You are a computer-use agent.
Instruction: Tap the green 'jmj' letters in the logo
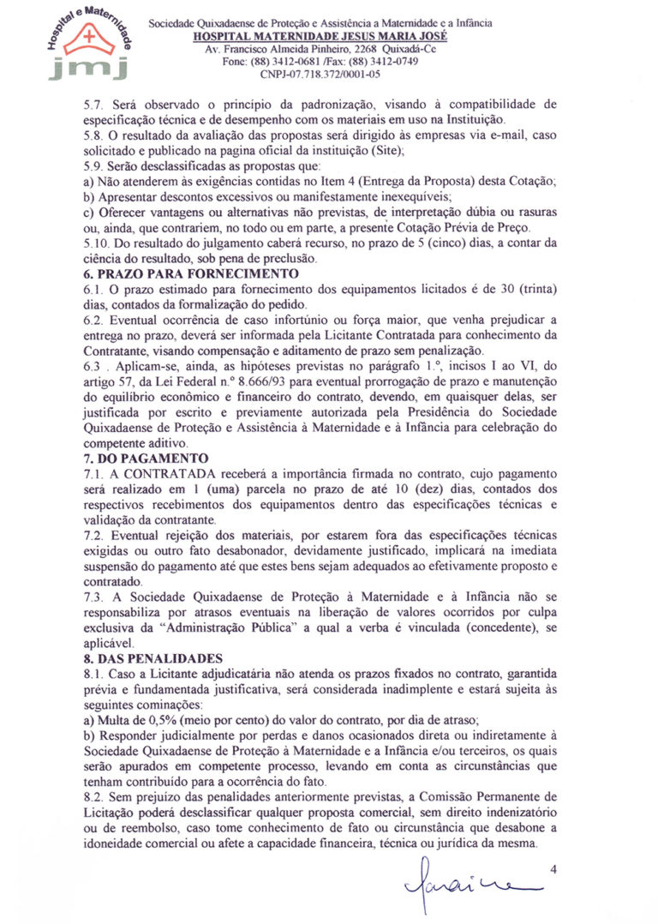click(x=88, y=66)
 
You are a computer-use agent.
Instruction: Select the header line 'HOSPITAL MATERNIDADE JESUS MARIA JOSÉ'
click(x=320, y=38)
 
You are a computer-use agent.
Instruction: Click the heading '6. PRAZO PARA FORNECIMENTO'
click(x=178, y=274)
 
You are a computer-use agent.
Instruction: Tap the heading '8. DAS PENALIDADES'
click(x=152, y=660)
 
